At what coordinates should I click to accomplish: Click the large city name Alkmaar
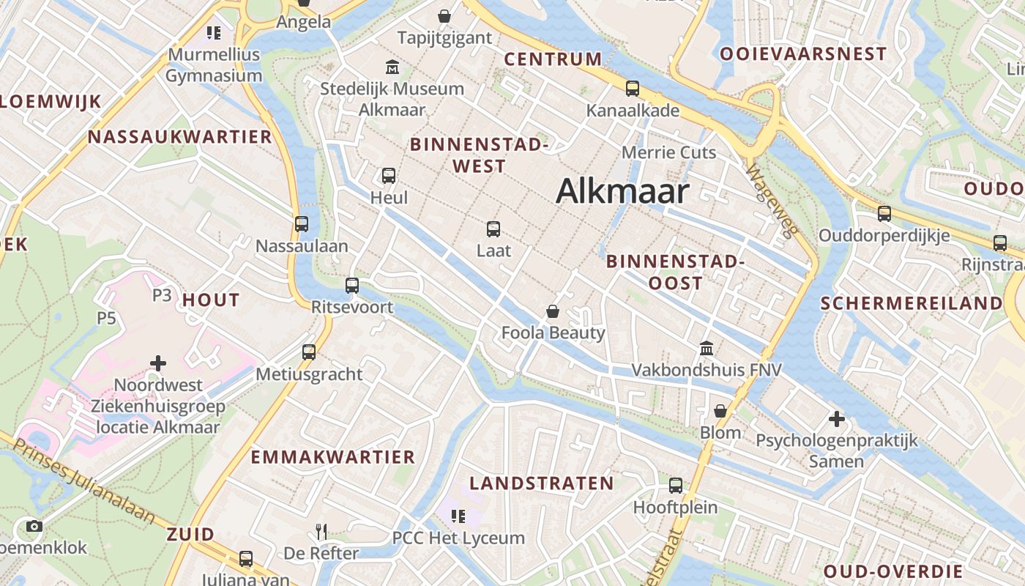pos(622,192)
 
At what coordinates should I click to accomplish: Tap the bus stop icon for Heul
pos(389,176)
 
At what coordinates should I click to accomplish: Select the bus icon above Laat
pos(493,229)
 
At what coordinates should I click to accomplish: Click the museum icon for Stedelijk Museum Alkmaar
pos(392,67)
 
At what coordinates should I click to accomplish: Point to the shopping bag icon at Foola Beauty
pos(553,311)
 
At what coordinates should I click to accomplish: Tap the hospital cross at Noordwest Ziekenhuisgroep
pos(157,363)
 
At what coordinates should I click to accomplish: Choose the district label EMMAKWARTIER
pos(333,457)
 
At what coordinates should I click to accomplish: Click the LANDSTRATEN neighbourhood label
pos(542,483)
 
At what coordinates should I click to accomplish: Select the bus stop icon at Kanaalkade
pos(633,89)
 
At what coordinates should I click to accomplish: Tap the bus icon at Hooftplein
pos(676,485)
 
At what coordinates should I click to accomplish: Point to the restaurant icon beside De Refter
pos(321,531)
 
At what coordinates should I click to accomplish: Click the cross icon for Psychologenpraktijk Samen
pos(837,419)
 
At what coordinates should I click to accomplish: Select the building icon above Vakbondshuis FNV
pos(707,348)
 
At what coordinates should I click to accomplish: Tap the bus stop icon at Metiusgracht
pos(309,352)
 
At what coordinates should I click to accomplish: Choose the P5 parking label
pos(107,318)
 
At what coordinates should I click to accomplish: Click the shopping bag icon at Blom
pos(720,411)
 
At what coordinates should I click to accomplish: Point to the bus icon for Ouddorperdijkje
pos(884,214)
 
